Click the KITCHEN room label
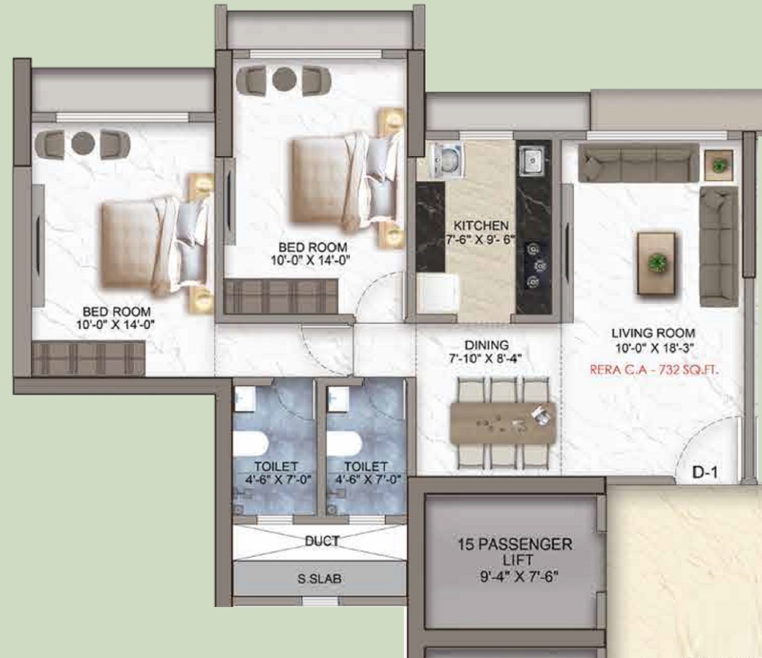click(x=481, y=225)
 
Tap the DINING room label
click(x=486, y=345)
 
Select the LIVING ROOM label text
click(x=653, y=333)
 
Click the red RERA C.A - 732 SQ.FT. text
click(x=654, y=370)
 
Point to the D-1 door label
click(x=705, y=472)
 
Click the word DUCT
click(x=322, y=541)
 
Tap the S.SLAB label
click(x=319, y=579)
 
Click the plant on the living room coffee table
click(x=657, y=263)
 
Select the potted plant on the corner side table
click(x=718, y=165)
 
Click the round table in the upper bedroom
click(x=283, y=79)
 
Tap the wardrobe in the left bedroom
click(x=88, y=359)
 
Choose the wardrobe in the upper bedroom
click(x=281, y=296)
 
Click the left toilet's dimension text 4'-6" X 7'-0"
click(x=278, y=480)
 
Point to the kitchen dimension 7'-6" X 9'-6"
click(x=481, y=239)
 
